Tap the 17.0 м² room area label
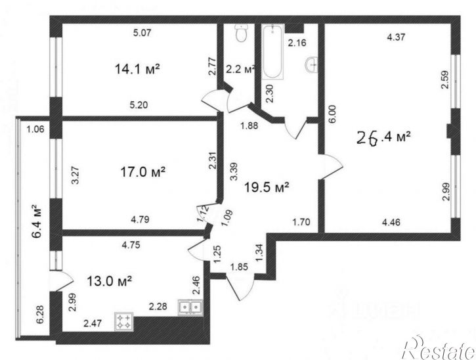139,172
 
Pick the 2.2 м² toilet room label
240,69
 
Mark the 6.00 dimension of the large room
332,114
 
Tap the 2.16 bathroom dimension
298,44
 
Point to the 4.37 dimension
395,37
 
